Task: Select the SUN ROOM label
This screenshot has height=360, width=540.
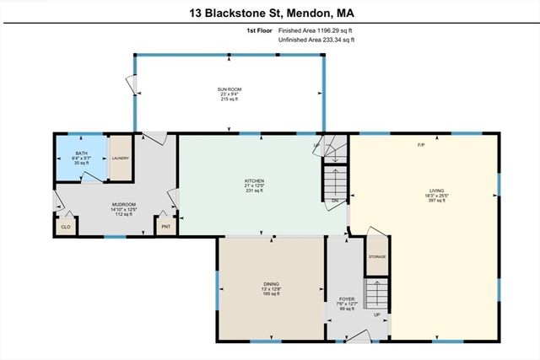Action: tap(228, 88)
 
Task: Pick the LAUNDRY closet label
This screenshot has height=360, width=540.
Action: tap(121, 157)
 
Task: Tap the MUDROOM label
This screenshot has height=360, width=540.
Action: tap(124, 203)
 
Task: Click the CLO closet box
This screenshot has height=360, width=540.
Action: tap(66, 227)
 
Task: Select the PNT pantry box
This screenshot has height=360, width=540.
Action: tap(165, 227)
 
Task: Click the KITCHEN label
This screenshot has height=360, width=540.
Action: tap(255, 180)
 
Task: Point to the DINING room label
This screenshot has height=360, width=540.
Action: tap(272, 284)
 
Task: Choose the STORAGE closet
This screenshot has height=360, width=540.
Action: tap(376, 255)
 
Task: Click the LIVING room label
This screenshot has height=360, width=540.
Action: tap(435, 191)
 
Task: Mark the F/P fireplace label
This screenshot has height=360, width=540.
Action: tap(422, 145)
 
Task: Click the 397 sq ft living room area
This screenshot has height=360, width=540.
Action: tap(435, 201)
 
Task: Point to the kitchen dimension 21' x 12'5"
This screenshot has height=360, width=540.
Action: tap(255, 186)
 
